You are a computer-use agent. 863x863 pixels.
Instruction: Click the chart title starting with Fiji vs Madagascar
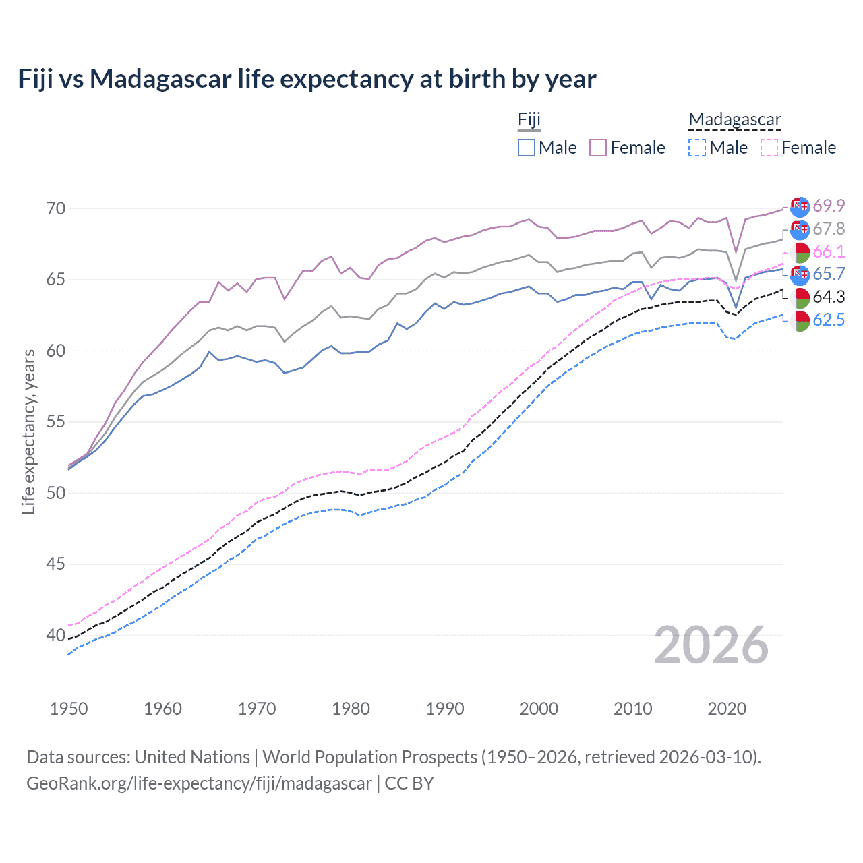(307, 79)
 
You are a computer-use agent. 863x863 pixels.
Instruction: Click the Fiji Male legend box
(527, 148)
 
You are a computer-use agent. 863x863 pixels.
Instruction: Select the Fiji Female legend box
(598, 148)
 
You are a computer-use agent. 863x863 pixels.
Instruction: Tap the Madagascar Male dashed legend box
(697, 148)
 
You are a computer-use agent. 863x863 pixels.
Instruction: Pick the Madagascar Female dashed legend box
(769, 148)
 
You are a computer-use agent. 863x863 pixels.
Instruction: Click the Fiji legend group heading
(529, 120)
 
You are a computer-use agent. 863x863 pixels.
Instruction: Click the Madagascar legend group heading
(734, 120)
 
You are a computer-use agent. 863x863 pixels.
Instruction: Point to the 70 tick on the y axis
(56, 208)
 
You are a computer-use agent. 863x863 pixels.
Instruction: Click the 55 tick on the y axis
(56, 422)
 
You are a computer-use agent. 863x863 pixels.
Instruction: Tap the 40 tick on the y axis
(56, 635)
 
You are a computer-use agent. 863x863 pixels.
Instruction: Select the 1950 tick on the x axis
(69, 709)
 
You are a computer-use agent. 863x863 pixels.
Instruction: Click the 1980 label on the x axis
(351, 709)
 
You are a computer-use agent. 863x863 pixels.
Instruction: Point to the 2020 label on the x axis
(727, 709)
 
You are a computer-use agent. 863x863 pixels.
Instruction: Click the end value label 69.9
(829, 206)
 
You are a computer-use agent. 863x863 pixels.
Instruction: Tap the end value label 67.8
(829, 229)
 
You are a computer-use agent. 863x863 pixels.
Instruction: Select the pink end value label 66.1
(829, 251)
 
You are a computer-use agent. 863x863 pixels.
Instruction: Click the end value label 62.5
(829, 320)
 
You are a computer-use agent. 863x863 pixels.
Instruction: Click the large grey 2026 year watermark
(711, 645)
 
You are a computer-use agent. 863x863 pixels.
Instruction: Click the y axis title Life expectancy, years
(28, 431)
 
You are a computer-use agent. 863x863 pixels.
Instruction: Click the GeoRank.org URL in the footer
(199, 783)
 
